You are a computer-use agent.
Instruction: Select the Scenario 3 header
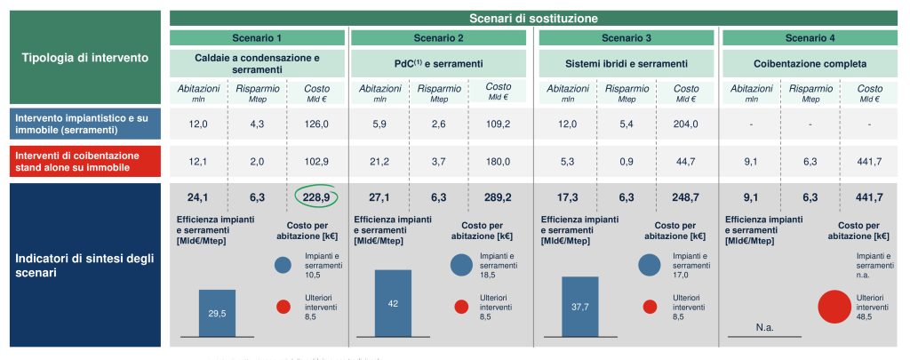pyautogui.click(x=626, y=38)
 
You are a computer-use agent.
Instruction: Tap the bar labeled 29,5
pyautogui.click(x=217, y=313)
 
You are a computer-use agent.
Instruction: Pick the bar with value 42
pyautogui.click(x=393, y=303)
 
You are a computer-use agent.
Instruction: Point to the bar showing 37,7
pyautogui.click(x=579, y=307)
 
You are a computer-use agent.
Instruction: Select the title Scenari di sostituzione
pyautogui.click(x=533, y=18)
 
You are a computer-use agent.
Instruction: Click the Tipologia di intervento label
pyautogui.click(x=85, y=57)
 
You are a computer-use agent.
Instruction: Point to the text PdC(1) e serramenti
pyautogui.click(x=439, y=64)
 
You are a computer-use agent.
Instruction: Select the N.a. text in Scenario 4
pyautogui.click(x=763, y=327)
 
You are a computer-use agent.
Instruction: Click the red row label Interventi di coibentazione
pyautogui.click(x=85, y=162)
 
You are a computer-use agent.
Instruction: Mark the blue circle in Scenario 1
pyautogui.click(x=283, y=264)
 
